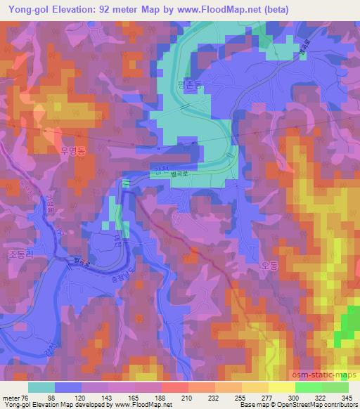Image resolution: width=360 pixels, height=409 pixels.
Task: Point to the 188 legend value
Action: pos(161,398)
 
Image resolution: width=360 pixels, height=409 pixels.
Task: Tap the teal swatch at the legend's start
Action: pos(41,387)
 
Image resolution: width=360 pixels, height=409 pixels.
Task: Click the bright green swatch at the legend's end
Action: pos(335,387)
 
